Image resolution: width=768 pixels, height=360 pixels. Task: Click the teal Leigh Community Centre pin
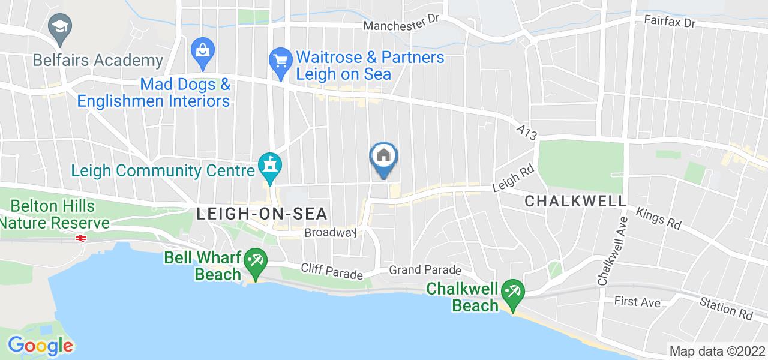coord(269,164)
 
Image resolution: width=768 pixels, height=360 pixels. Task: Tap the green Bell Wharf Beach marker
coord(256,261)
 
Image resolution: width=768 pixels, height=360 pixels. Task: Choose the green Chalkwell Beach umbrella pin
coord(513,293)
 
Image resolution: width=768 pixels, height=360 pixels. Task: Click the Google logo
coord(40,346)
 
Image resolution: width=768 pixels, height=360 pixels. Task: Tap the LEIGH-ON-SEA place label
coord(263,214)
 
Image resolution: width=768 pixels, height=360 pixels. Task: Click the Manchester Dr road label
coord(402,26)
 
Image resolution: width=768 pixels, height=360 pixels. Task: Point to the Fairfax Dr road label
coord(669,22)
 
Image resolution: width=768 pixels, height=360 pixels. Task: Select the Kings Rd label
coord(658,218)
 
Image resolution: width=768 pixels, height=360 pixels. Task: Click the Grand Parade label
coord(425,271)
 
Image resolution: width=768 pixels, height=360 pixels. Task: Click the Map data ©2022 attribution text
coord(716,351)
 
